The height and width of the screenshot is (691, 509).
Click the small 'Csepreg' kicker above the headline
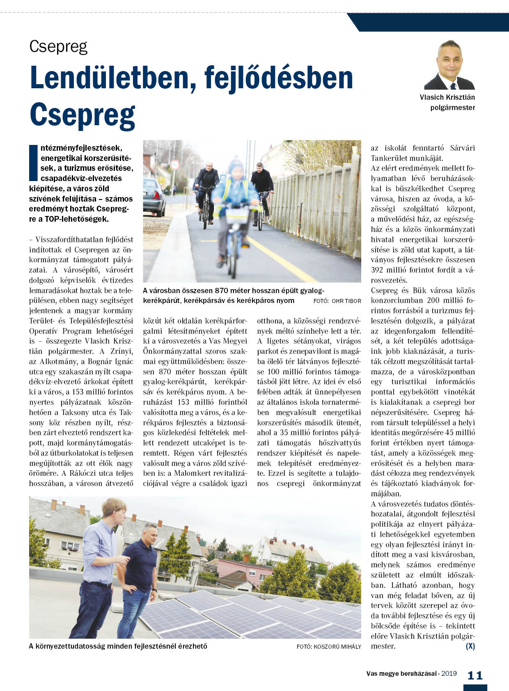pyautogui.click(x=58, y=46)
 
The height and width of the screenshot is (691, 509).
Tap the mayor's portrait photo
pyautogui.click(x=450, y=65)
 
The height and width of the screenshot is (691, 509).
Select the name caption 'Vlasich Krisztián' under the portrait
pyautogui.click(x=447, y=97)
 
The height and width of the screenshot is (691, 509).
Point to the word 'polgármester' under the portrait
pyautogui.click(x=452, y=108)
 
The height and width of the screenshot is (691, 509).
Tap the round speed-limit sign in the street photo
pyautogui.click(x=175, y=165)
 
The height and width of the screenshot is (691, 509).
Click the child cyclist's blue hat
pyautogui.click(x=236, y=166)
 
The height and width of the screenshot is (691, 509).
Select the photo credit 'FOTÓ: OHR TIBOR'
pyautogui.click(x=337, y=301)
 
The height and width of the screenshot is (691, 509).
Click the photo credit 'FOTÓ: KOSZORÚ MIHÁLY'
pyautogui.click(x=329, y=646)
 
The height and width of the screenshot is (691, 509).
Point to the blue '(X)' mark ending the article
pyautogui.click(x=470, y=646)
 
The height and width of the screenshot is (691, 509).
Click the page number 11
pyautogui.click(x=475, y=675)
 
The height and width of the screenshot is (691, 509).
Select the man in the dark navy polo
pyautogui.click(x=140, y=575)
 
